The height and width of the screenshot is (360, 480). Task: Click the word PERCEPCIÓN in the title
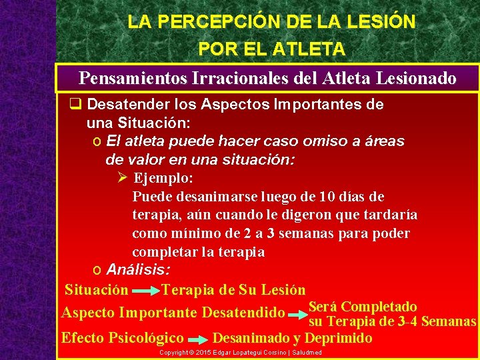point(211,21)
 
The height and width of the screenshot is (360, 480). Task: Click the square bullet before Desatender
point(76,105)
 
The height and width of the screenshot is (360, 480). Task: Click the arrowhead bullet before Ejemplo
point(121,178)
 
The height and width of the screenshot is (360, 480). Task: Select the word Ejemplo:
point(163,179)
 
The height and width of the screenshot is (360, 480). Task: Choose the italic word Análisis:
point(138,270)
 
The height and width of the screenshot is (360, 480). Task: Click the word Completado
point(380,307)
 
